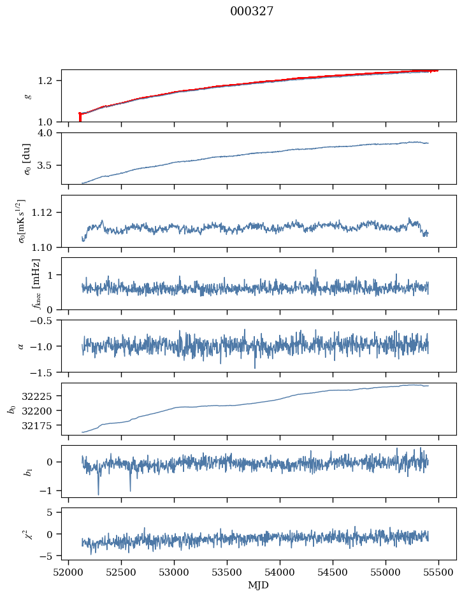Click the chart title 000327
coord(252,11)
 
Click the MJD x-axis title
coord(258,585)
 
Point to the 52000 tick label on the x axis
coord(69,572)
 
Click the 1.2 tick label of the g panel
coord(50,81)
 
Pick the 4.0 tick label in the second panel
coord(50,132)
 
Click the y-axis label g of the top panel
coord(27,96)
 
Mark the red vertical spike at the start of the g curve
coord(80,117)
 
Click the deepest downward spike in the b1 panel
coord(98,493)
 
